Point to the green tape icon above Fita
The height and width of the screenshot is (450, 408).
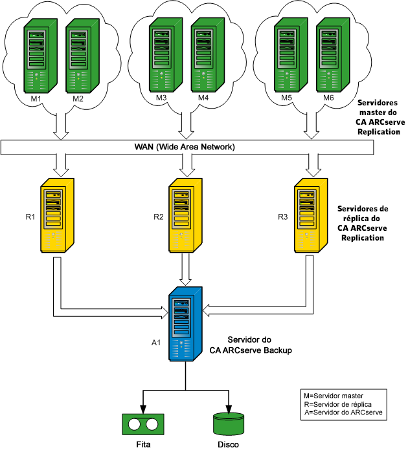tap(141, 424)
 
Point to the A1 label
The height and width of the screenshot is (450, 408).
tap(156, 343)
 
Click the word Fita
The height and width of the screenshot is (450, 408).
tap(141, 444)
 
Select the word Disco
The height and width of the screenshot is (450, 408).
tap(229, 444)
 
